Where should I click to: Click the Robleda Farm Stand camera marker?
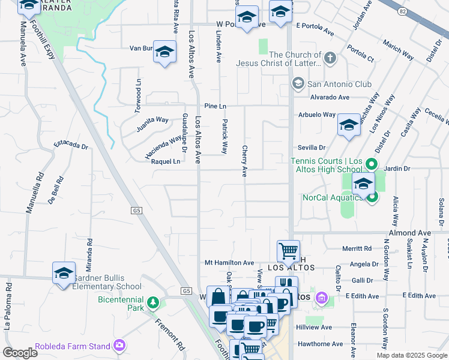[119, 345]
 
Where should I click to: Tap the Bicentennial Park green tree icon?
[154, 302]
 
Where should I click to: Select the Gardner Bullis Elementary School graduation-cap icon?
[64, 274]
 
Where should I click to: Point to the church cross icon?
[330, 59]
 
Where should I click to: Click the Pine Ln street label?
[214, 106]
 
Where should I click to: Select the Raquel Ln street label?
[166, 161]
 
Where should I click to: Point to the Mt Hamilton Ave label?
[229, 263]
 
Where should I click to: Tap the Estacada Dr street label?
[71, 145]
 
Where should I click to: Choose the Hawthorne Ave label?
[323, 344]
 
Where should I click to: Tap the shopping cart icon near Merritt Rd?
[288, 251]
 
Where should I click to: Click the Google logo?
[20, 352]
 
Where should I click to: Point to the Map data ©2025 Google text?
[412, 355]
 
